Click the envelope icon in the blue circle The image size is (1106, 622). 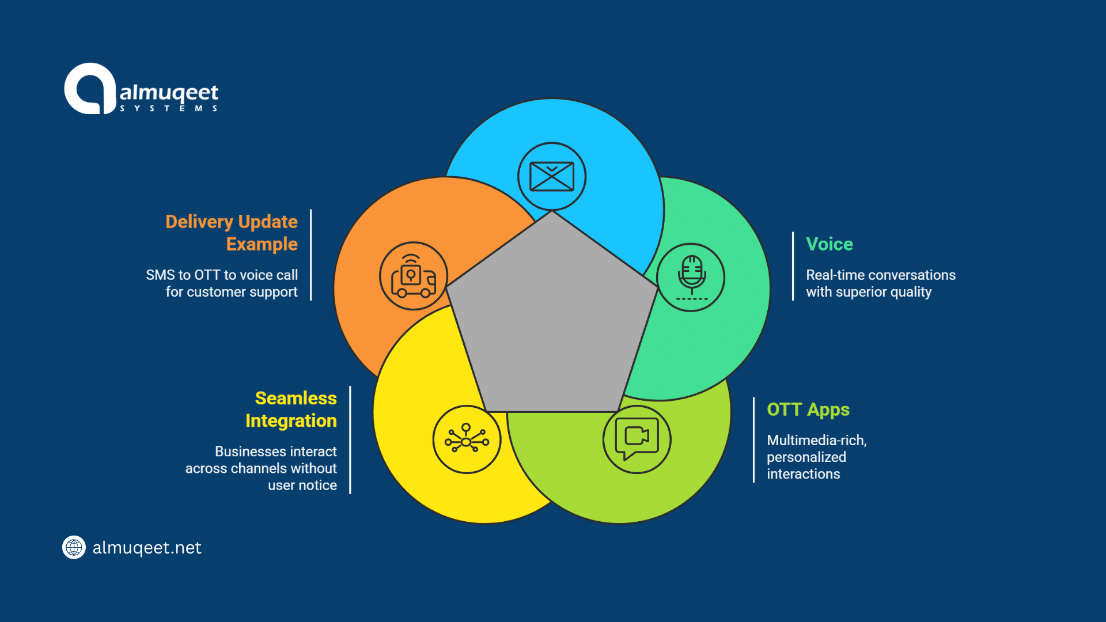tap(551, 176)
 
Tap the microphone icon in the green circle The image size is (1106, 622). tap(691, 277)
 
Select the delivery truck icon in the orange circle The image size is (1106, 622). tap(413, 276)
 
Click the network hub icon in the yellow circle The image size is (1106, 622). tap(467, 440)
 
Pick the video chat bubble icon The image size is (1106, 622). tap(637, 439)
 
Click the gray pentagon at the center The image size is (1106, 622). tap(551, 323)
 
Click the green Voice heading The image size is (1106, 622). tap(829, 244)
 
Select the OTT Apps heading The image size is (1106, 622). tap(808, 409)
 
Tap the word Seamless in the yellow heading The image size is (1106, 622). tap(296, 398)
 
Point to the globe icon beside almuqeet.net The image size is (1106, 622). tap(74, 547)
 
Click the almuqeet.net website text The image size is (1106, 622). tap(147, 548)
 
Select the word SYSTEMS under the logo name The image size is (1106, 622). tap(168, 108)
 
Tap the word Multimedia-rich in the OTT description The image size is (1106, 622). tap(816, 441)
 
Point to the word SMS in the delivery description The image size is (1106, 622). tap(160, 275)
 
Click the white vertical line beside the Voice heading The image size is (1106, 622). tap(793, 266)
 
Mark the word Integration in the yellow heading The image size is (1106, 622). tap(291, 421)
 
